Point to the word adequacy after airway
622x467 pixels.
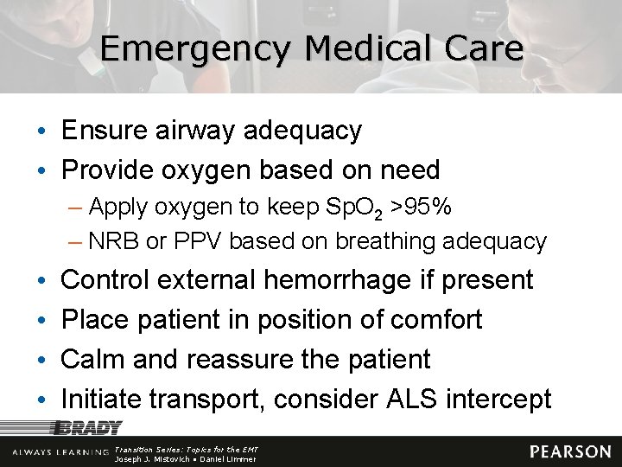click(x=302, y=132)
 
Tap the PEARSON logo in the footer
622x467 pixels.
click(x=570, y=451)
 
